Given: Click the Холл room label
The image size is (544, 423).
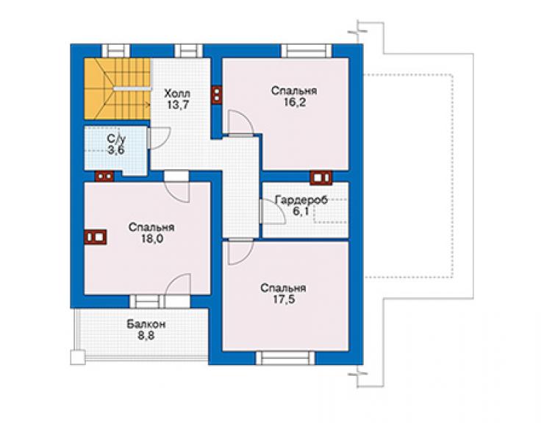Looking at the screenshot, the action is pos(177,93).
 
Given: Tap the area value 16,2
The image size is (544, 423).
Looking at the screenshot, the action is pos(295,103).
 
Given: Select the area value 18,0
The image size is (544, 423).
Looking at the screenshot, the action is pos(152,238).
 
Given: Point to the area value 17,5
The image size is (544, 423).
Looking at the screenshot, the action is pos(284,299).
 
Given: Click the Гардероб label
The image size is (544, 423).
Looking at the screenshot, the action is pos(301,200).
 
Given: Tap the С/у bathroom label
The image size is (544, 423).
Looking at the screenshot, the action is pos(116,139).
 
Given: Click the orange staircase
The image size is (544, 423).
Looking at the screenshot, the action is pos(118,89).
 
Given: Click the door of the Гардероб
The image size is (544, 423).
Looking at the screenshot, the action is pos(273,211).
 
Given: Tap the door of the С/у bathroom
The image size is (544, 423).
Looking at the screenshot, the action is pos(159,138).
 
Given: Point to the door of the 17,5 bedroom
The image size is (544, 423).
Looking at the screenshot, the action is pos(240,252).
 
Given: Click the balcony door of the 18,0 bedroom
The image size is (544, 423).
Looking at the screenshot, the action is pos(178,291).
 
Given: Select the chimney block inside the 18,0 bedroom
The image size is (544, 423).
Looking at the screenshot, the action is pos(96,238).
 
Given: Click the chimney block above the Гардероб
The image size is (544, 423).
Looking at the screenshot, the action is pos(321,177).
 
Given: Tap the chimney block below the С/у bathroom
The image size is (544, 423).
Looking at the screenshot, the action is pos(104,177).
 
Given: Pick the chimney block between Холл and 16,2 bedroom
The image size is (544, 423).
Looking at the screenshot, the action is pos(217,95).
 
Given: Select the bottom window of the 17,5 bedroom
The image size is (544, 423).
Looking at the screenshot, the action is pos(285,358).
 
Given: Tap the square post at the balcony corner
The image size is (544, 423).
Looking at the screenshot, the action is pos(78,358).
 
